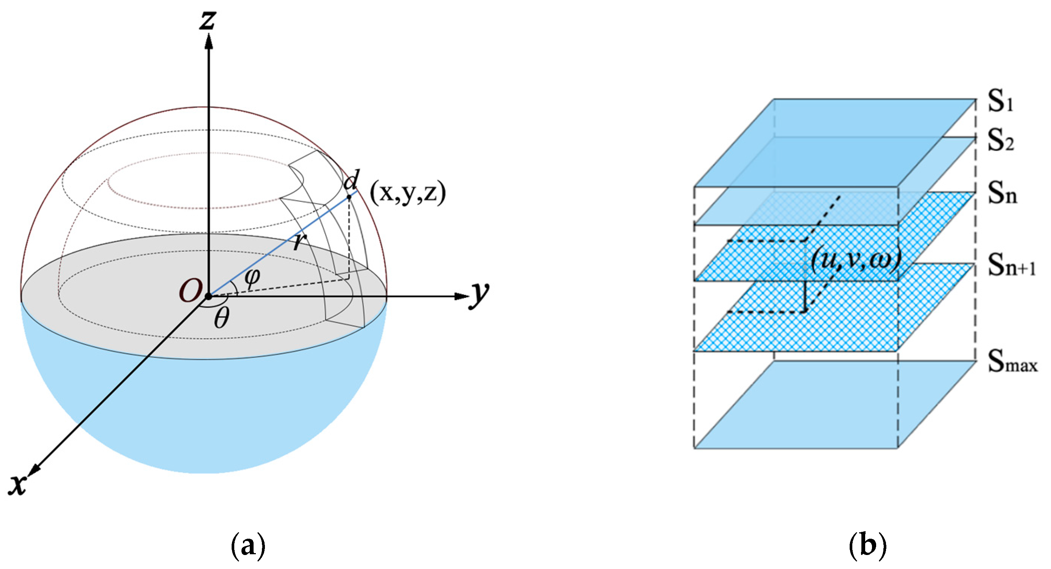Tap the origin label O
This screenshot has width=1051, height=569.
point(190,291)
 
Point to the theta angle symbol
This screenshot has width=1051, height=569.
point(222,318)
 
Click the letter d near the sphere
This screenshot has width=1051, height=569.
point(351,180)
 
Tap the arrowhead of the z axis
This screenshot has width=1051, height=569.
point(209,41)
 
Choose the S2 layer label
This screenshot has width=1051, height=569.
point(1000,142)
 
